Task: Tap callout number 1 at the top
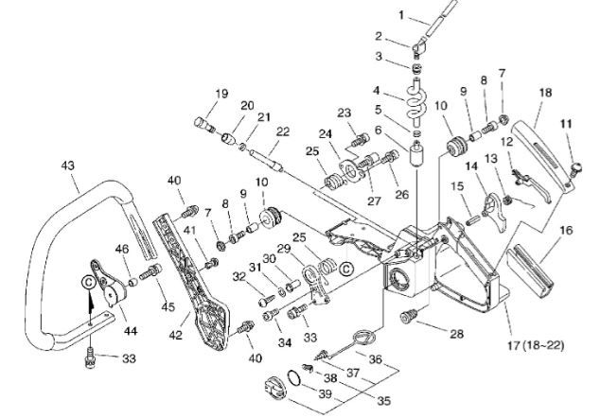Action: click(375, 16)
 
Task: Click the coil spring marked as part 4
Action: click(416, 98)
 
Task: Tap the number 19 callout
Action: click(221, 94)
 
